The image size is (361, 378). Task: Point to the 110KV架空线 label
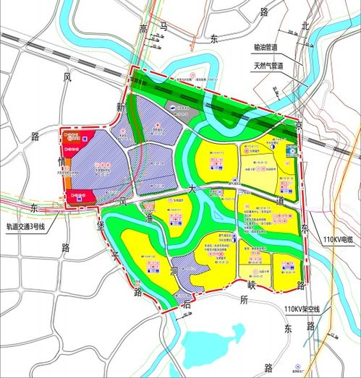coord(301,309)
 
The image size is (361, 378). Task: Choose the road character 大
coord(192,187)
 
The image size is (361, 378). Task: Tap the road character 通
coord(150,217)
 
